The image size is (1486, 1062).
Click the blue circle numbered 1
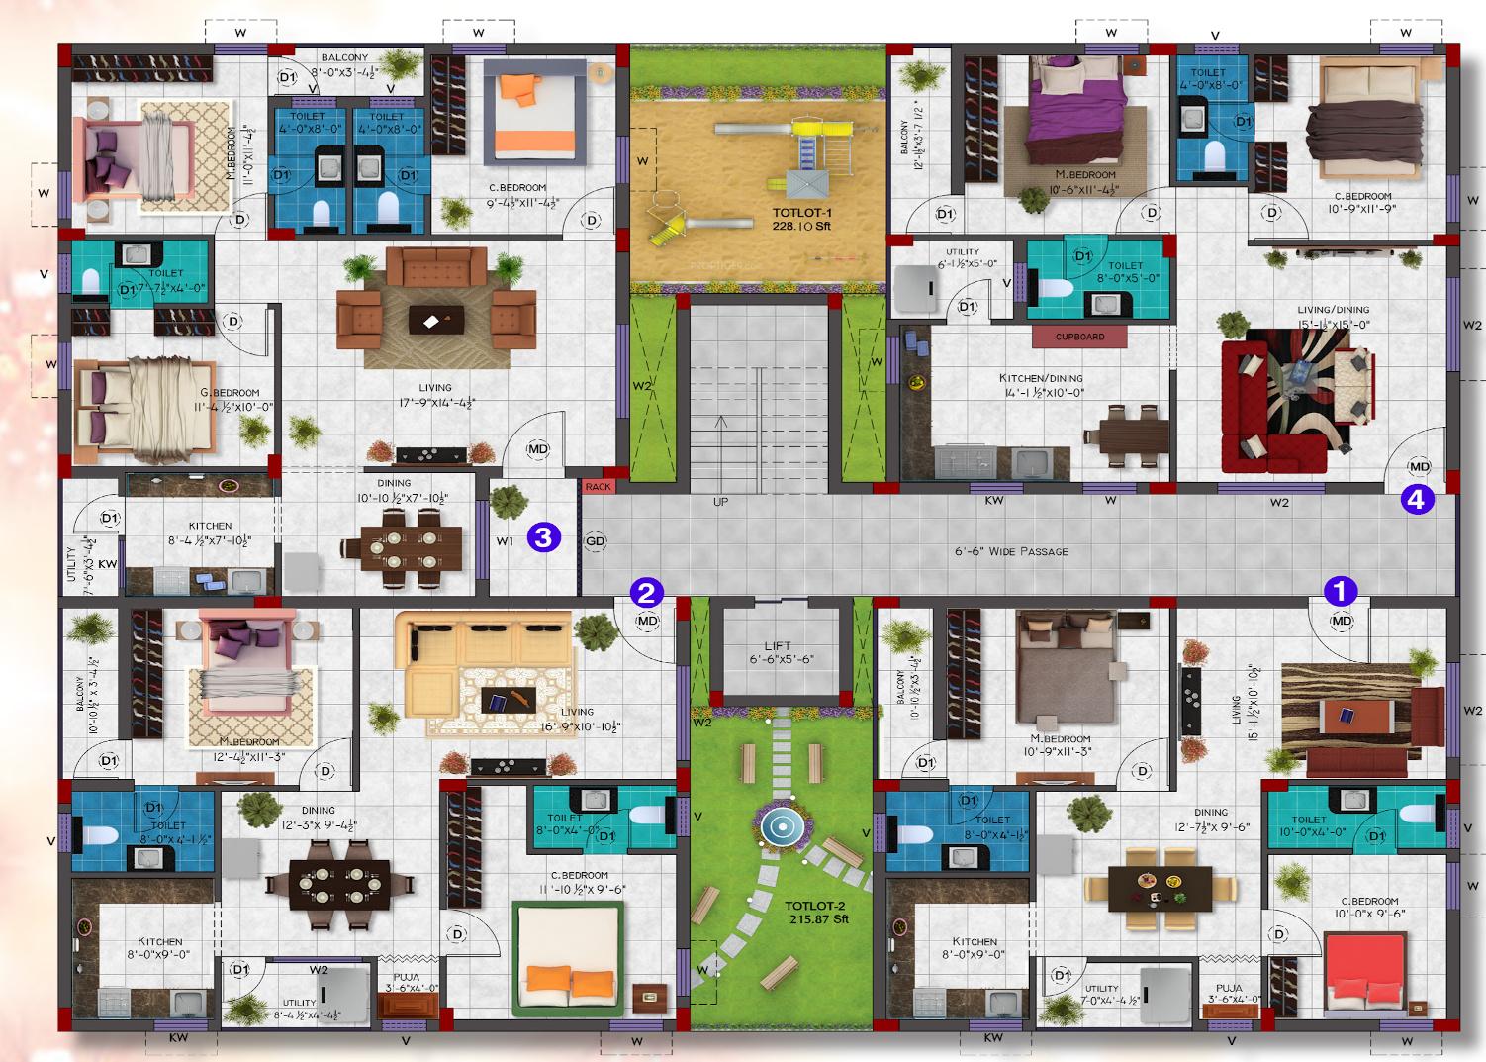pos(1341,591)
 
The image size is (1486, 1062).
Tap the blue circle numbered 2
pos(645,593)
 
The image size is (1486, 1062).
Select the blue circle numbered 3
pos(545,537)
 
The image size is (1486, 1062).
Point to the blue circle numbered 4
pos(1416,501)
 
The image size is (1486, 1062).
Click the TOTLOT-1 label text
pos(800,219)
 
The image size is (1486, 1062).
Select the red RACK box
pos(598,486)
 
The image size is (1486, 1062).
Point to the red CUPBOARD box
pos(1079,337)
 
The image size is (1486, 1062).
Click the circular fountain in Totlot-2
pos(782,824)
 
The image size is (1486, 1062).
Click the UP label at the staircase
pos(720,503)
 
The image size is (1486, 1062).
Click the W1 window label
pos(505,540)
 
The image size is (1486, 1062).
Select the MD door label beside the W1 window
pos(537,449)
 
